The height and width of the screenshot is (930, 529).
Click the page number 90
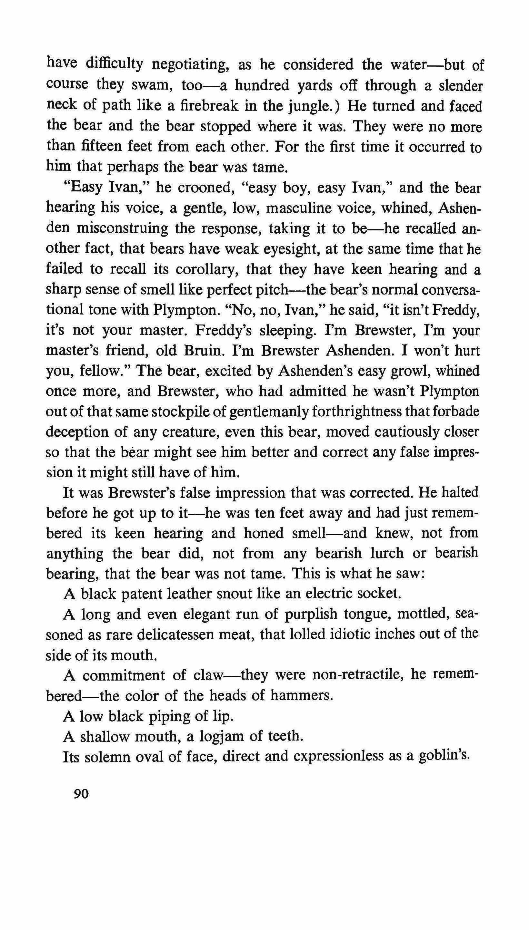click(x=81, y=794)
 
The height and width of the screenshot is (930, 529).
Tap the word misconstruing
click(x=123, y=228)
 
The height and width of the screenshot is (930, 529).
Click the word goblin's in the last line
click(x=444, y=756)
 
